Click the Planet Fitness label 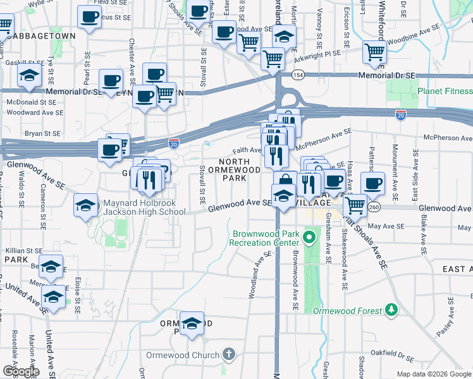click(445, 91)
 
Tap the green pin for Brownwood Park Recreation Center click(309, 238)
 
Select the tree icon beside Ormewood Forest click(392, 310)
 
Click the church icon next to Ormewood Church click(229, 354)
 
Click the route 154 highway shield click(297, 75)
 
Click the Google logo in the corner click(20, 371)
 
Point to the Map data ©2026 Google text click(433, 374)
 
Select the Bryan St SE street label click(42, 133)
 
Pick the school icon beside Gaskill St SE click(29, 75)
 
